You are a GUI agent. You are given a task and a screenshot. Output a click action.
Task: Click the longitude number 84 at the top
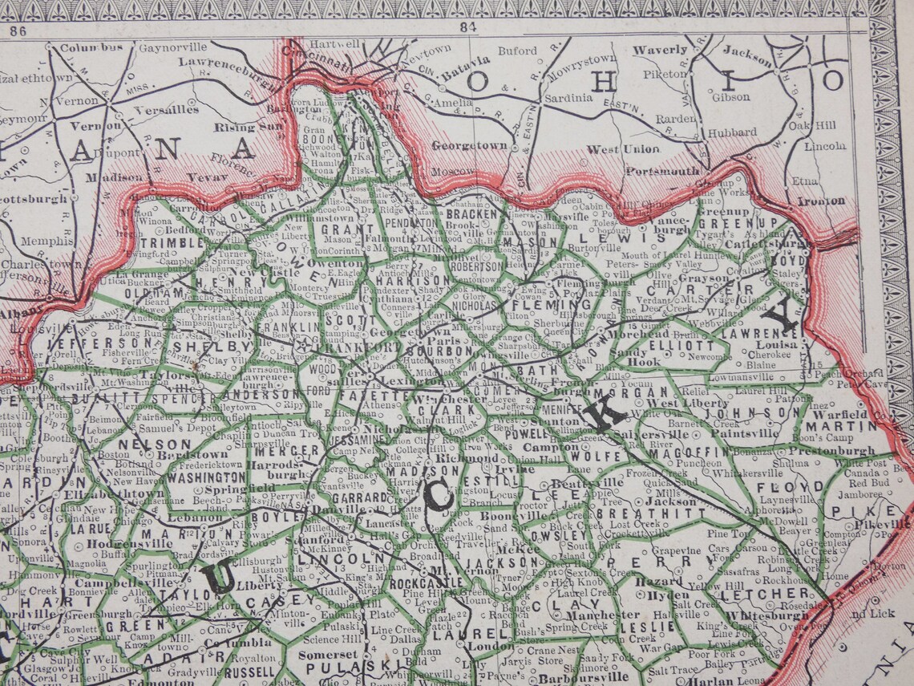468,26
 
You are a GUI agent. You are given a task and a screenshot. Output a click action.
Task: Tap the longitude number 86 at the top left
18,32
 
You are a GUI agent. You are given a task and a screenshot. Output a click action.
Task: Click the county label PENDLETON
412,223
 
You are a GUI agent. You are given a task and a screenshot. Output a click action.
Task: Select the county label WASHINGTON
206,477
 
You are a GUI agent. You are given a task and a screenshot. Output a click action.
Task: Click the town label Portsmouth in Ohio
662,171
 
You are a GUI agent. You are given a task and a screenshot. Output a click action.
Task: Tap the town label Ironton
822,201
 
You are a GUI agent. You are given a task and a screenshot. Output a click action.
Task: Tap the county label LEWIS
624,237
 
